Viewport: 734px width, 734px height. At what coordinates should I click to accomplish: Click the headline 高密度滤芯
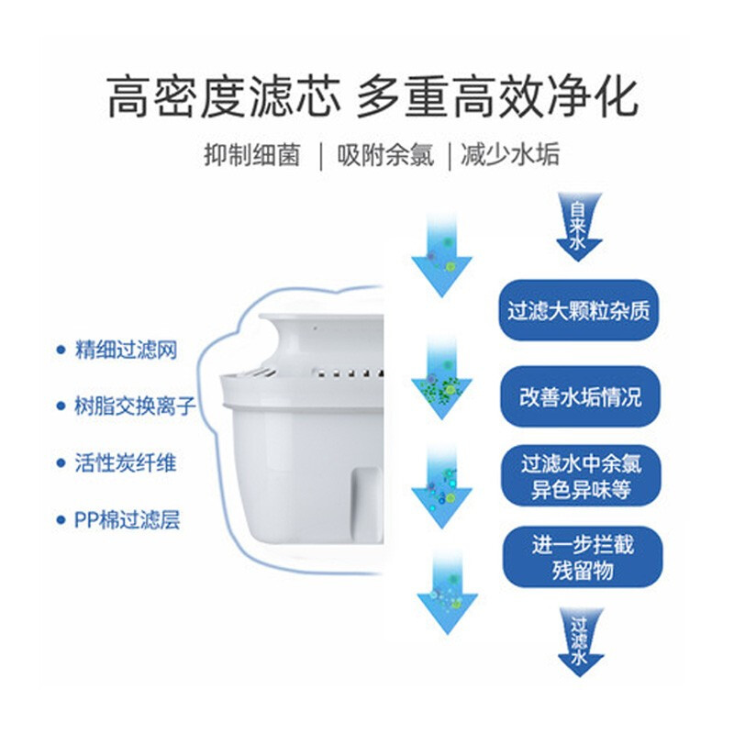[224, 97]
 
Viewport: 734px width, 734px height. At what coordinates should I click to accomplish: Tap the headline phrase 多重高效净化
[497, 97]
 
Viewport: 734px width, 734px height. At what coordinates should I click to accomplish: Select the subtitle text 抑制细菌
[251, 154]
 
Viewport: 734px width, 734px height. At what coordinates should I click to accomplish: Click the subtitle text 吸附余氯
[385, 154]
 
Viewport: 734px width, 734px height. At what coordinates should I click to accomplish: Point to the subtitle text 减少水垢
[510, 154]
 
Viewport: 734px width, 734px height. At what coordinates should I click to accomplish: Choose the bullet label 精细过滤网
[127, 350]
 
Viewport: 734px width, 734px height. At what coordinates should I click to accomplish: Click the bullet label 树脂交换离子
[135, 406]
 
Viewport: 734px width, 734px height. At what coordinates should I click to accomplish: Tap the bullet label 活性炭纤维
[126, 463]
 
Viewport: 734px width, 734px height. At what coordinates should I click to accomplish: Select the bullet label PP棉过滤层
[127, 519]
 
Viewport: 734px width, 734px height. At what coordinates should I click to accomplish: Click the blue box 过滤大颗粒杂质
[579, 310]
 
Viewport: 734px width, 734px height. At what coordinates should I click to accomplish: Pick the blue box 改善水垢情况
[580, 397]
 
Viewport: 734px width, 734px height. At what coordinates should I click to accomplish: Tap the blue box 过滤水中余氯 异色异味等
[581, 476]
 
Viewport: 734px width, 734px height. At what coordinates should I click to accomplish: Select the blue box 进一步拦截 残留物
[583, 557]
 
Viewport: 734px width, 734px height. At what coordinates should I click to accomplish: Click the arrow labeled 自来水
[579, 228]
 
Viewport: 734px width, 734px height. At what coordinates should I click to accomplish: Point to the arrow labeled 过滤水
[581, 642]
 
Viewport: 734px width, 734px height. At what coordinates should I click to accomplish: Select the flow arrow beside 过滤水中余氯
[442, 487]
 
